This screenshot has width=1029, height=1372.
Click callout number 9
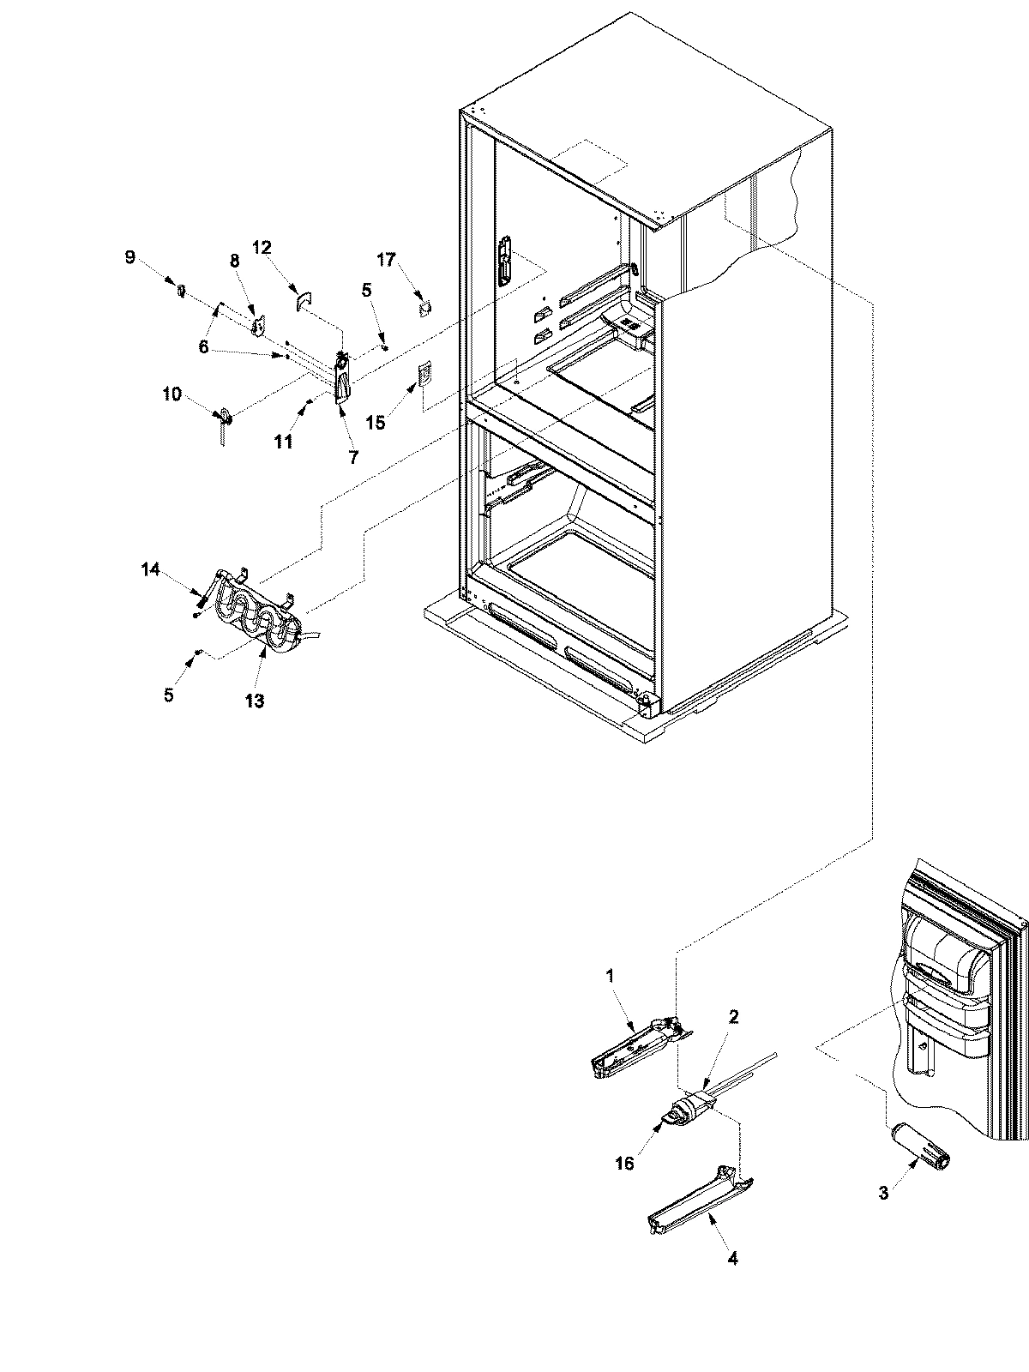click(129, 256)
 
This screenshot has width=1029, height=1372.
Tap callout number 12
click(262, 248)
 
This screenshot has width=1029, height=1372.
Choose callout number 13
click(255, 701)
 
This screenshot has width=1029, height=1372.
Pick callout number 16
click(624, 1163)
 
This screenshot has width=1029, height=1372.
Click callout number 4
click(731, 1259)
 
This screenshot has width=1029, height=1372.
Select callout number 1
click(610, 975)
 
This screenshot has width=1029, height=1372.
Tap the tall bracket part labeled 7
click(342, 377)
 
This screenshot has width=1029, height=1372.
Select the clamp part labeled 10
click(226, 417)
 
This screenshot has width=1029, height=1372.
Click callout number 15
click(376, 423)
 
